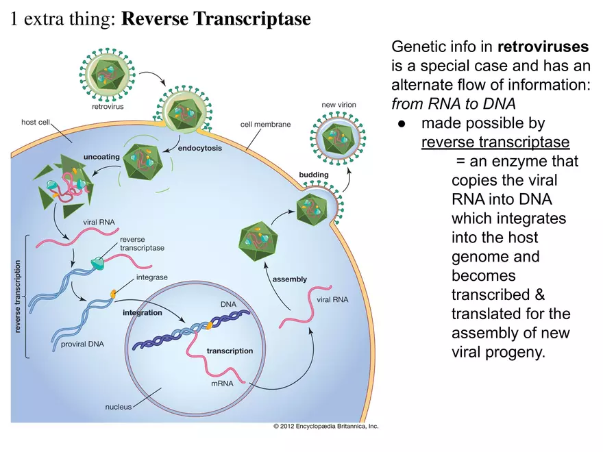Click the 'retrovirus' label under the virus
[108, 106]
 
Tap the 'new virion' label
[339, 105]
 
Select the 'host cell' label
[38, 123]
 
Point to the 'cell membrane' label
[265, 125]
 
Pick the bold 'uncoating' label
[101, 157]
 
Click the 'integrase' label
[151, 277]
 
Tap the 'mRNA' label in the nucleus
[222, 384]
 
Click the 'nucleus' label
[118, 407]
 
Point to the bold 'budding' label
[314, 175]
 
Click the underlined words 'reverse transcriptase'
[495, 142]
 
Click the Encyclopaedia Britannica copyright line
[325, 426]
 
